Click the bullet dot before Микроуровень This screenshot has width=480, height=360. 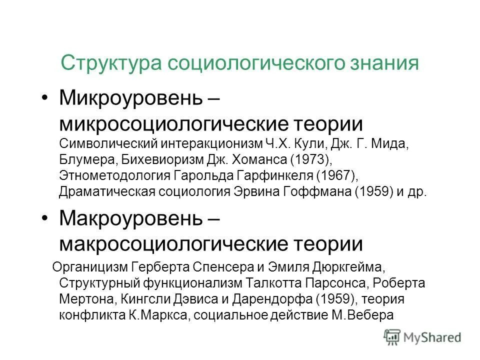[x=45, y=98]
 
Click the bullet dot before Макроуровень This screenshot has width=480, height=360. [x=45, y=218]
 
